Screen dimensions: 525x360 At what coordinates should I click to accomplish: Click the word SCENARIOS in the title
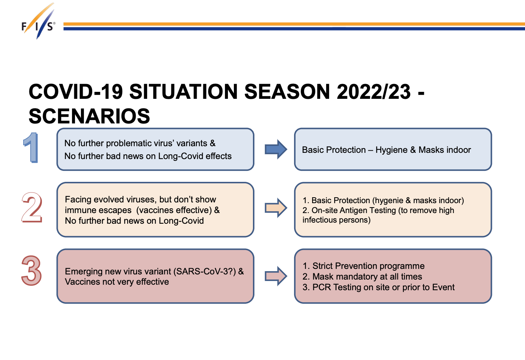[89, 116]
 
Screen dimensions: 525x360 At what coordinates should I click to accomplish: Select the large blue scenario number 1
[31, 148]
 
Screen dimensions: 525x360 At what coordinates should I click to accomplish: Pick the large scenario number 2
[32, 207]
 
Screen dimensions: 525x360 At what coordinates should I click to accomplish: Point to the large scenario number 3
[31, 270]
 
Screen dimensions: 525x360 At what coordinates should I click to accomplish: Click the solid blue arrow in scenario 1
[276, 149]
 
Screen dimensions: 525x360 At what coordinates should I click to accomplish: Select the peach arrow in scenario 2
[276, 208]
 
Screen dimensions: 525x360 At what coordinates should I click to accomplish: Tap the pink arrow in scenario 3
[276, 276]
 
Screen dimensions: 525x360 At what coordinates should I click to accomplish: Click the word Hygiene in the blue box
[392, 150]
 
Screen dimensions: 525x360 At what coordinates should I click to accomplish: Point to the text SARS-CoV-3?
[205, 271]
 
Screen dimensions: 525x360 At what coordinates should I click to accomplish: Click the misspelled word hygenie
[388, 201]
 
